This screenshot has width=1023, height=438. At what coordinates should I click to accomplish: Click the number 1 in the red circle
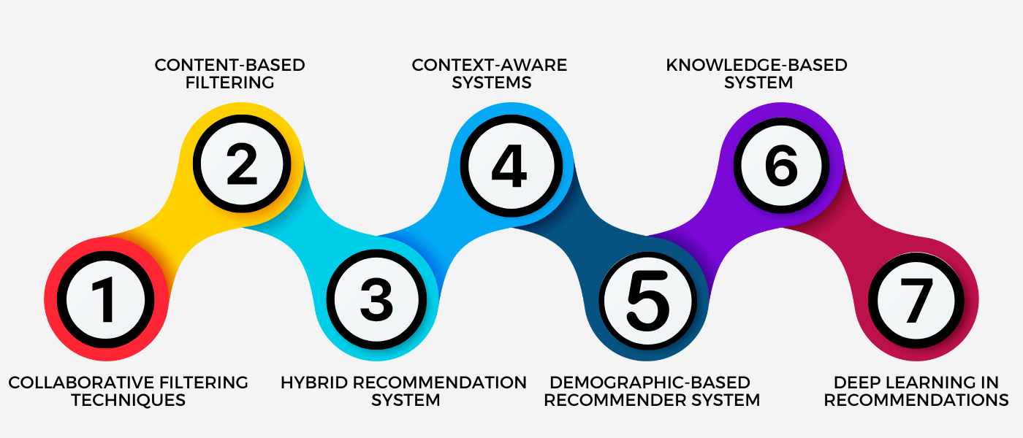point(107,300)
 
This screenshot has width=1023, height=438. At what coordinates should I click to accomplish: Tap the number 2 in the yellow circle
point(242,166)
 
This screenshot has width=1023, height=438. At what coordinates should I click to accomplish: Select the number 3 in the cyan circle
point(376,300)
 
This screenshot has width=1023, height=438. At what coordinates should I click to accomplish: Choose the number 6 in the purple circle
point(781,166)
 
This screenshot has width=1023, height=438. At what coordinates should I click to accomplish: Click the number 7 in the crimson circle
point(916,300)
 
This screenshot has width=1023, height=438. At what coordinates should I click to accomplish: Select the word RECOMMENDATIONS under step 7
point(916,400)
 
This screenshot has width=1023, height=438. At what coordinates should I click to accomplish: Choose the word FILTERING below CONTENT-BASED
point(229,82)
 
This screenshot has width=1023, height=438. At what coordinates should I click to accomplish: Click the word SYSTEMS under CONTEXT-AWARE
point(491,82)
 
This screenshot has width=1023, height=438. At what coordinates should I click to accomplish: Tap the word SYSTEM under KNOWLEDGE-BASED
point(758,82)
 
